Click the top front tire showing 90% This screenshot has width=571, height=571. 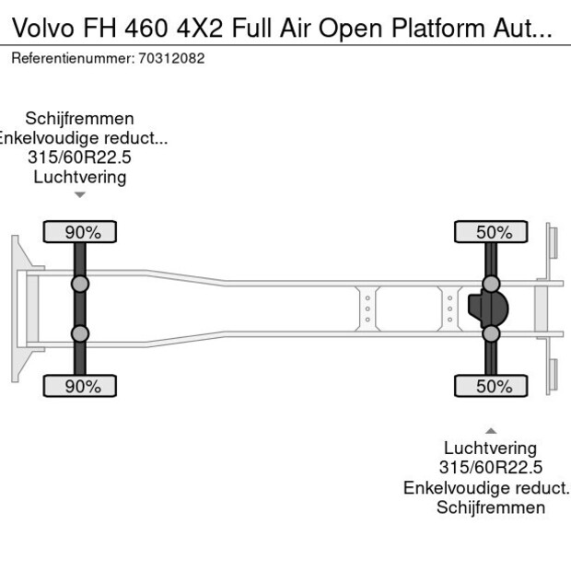click(80, 232)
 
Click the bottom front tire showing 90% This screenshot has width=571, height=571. click(80, 386)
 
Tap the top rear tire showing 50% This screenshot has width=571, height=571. click(491, 232)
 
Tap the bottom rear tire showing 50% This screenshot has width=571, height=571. click(491, 386)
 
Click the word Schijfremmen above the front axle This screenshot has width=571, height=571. click(80, 119)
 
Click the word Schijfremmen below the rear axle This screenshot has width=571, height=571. click(491, 507)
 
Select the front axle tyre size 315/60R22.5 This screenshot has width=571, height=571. click(80, 157)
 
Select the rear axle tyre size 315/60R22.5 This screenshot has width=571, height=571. click(491, 468)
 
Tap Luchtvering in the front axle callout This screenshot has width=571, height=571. click(80, 177)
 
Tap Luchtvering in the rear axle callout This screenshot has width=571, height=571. click(491, 449)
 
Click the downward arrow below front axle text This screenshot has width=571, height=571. click(80, 194)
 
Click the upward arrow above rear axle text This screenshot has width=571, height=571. click(491, 430)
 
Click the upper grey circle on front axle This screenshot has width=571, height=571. click(80, 284)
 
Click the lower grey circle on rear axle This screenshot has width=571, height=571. click(491, 333)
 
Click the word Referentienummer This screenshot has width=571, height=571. click(72, 58)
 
